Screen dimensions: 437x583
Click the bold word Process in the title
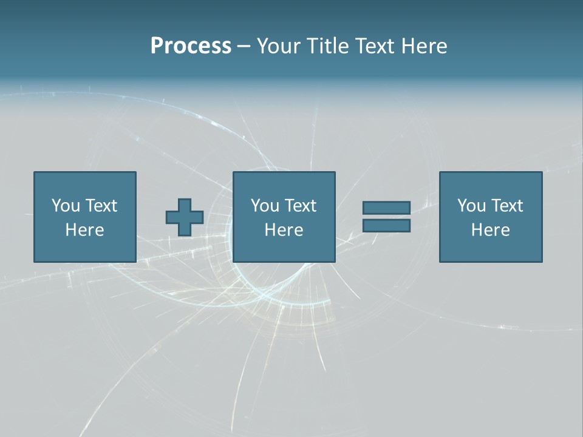click(191, 46)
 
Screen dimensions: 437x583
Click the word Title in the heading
click(329, 46)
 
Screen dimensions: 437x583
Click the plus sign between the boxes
click(185, 217)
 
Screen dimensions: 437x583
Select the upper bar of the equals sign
click(386, 208)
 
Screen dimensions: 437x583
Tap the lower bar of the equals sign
click(386, 226)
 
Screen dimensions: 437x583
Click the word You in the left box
click(66, 206)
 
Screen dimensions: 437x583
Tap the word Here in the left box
click(85, 230)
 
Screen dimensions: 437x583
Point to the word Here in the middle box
click(284, 230)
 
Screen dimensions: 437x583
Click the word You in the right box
click(472, 206)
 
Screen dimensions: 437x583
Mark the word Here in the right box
click(491, 230)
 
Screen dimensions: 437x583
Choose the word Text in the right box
click(508, 206)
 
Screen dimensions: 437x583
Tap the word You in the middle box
click(265, 206)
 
